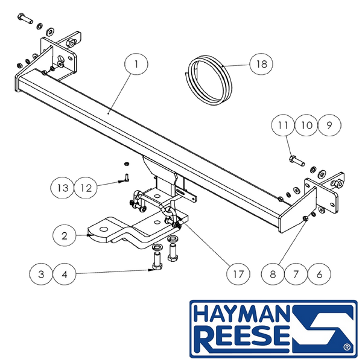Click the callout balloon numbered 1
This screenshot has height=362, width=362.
(x=136, y=64)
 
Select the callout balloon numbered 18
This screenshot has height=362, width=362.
(x=261, y=64)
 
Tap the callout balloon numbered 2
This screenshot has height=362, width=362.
(x=64, y=235)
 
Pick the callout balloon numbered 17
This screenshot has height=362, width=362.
(x=238, y=274)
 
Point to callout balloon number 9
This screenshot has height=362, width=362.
(x=329, y=125)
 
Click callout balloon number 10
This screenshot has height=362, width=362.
(x=306, y=125)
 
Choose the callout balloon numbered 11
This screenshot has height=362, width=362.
(x=283, y=125)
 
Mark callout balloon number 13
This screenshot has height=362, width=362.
(x=63, y=188)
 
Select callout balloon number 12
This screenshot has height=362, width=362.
(x=86, y=188)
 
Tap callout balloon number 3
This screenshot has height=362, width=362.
(x=41, y=274)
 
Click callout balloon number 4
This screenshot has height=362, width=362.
(x=65, y=274)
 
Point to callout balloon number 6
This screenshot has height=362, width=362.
(x=319, y=274)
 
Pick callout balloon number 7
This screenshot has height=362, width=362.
(x=296, y=274)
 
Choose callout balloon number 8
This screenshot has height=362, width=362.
(x=273, y=274)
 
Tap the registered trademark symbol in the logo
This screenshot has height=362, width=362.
(x=347, y=347)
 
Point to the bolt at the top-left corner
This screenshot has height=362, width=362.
(x=25, y=19)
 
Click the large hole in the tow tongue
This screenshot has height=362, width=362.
(x=103, y=229)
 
